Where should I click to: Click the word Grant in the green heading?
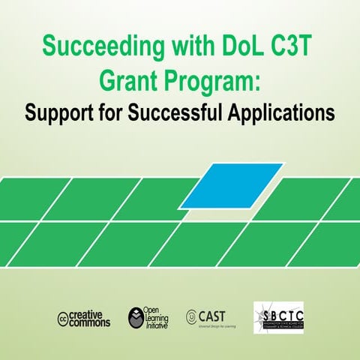pyautogui.click(x=125, y=81)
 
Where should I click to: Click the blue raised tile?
pyautogui.click(x=232, y=184)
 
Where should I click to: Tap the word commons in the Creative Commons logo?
pyautogui.click(x=90, y=322)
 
